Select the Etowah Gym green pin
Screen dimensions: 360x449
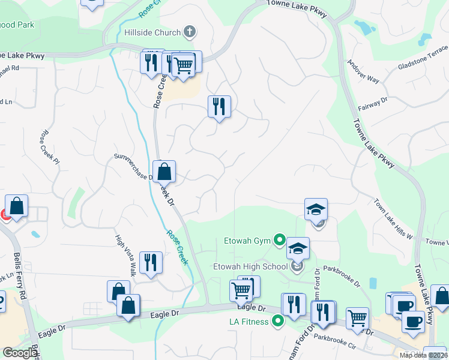pos(279,241)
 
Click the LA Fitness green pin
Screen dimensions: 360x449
pos(277,321)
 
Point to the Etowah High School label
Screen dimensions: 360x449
pos(250,266)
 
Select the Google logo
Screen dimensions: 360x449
pos(19,353)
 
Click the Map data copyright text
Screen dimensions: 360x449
pos(423,355)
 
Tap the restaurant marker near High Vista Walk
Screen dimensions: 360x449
pos(151,263)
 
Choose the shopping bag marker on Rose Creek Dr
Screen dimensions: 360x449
pos(164,172)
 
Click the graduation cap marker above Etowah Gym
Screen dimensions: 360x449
pos(316,209)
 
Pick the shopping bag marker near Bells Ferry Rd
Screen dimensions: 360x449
pos(17,206)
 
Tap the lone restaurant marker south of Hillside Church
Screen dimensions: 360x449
pos(219,107)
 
